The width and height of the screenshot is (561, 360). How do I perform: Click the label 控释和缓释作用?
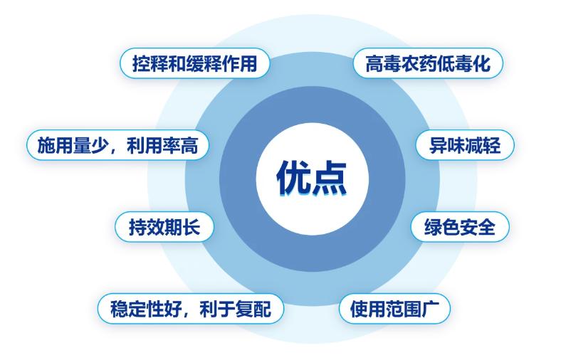[x=194, y=63]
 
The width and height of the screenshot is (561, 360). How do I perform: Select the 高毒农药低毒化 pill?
[x=428, y=63]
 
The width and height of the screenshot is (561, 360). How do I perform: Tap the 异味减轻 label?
[x=464, y=145]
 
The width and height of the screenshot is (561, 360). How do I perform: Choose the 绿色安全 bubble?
[x=460, y=227]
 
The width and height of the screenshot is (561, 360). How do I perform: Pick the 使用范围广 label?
[x=394, y=309]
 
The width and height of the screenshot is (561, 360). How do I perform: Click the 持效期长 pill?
[x=164, y=227]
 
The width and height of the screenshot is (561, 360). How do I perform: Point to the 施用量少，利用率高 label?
[x=117, y=145]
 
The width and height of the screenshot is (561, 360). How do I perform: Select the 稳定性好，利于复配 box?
[x=190, y=309]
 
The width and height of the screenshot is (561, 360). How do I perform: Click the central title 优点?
[x=312, y=178]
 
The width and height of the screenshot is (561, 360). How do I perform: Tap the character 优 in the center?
[x=294, y=178]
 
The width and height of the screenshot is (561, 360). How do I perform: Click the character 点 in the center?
[x=330, y=178]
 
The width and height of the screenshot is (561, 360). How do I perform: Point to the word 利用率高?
[x=163, y=145]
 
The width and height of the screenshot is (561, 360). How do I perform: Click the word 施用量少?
[x=73, y=145]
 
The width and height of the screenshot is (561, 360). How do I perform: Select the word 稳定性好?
[x=146, y=309]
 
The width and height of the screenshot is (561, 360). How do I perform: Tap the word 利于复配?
[x=236, y=309]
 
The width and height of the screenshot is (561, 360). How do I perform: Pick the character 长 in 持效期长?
[x=191, y=227]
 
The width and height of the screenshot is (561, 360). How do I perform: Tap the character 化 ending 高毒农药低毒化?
[x=481, y=63]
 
